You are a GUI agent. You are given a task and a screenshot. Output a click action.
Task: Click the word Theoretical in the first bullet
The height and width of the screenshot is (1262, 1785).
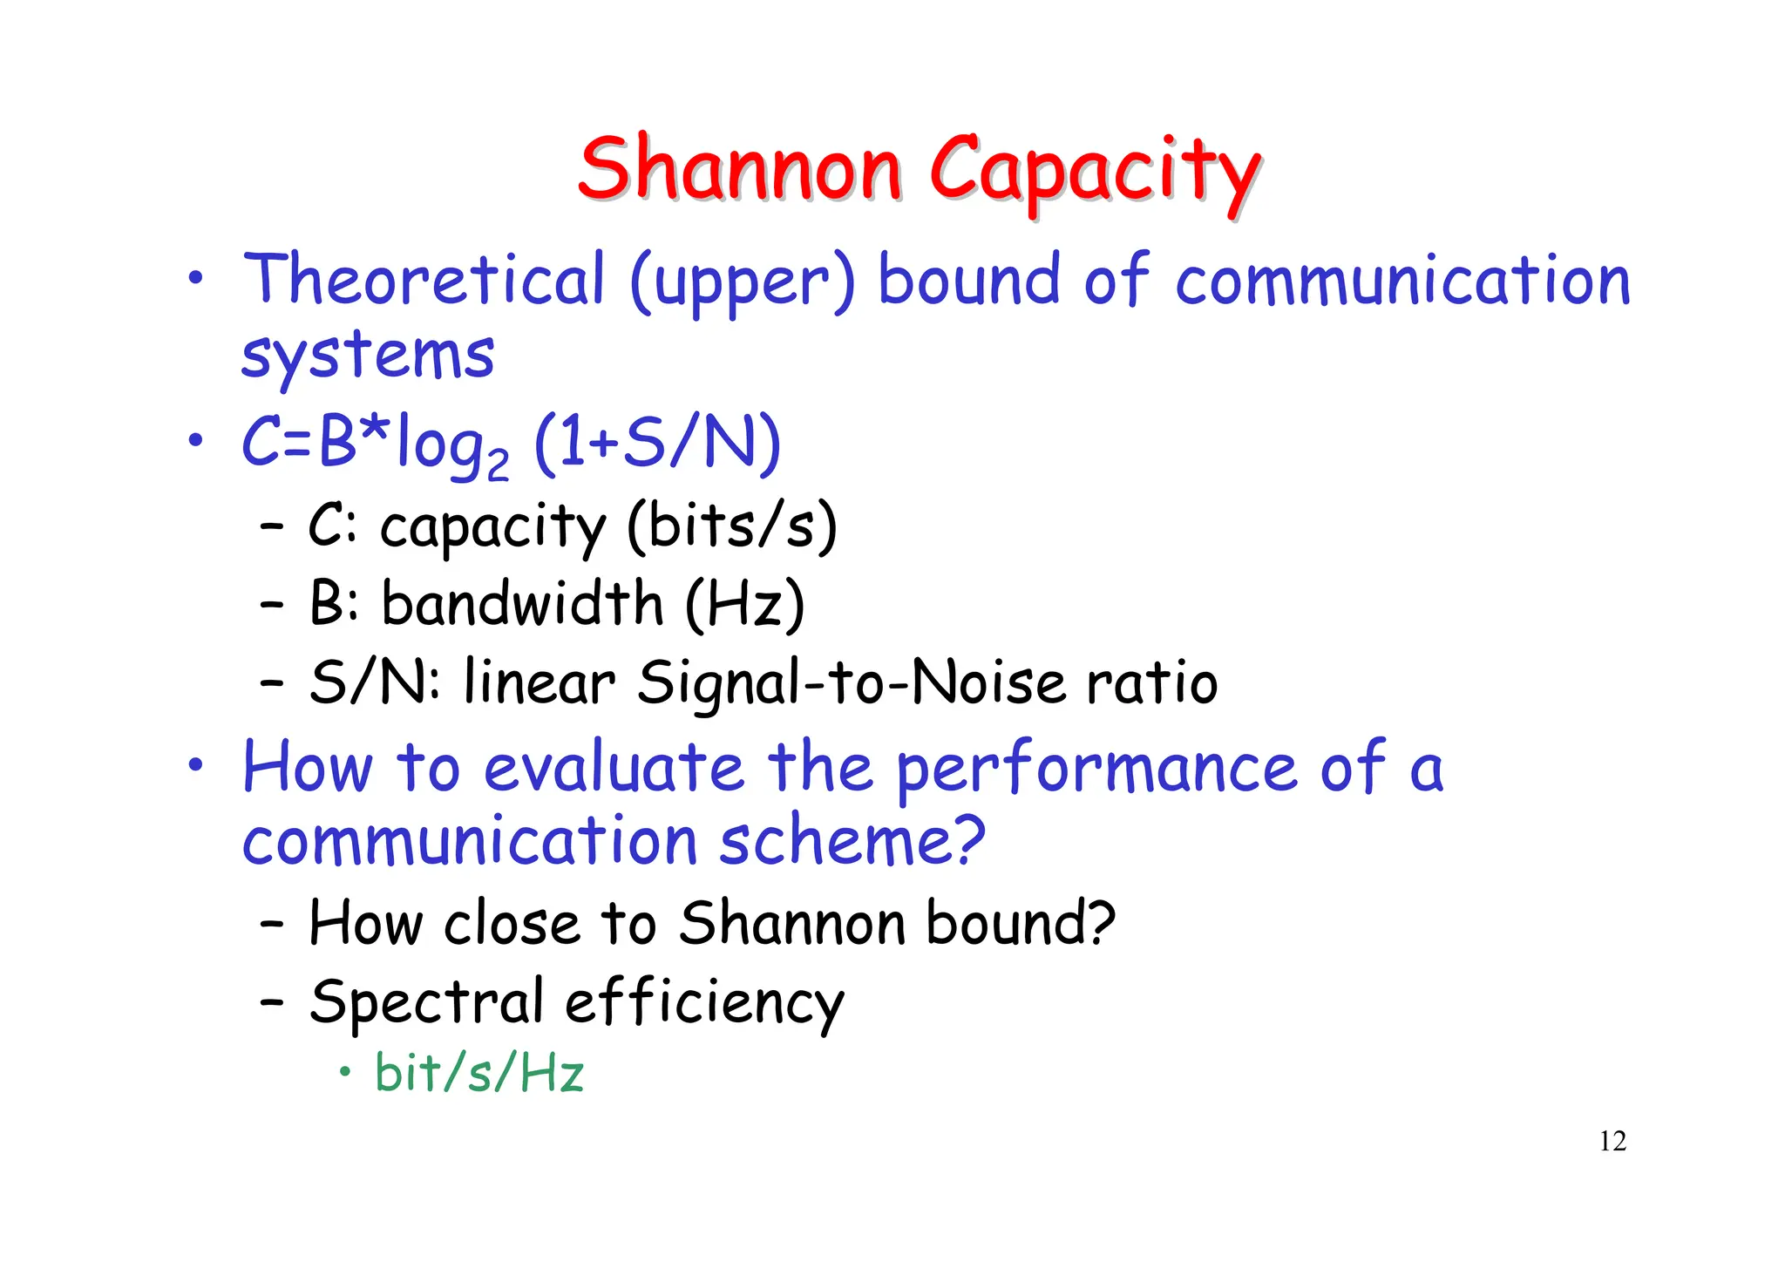pos(424,280)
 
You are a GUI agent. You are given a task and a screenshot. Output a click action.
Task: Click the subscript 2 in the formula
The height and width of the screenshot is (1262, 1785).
pos(498,465)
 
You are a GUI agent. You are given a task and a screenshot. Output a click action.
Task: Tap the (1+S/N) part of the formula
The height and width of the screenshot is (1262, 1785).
pos(657,444)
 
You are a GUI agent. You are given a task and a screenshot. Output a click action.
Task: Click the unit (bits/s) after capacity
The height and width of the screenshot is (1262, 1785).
pos(731,526)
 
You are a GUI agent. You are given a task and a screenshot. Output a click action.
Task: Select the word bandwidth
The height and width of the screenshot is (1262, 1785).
pos(522,603)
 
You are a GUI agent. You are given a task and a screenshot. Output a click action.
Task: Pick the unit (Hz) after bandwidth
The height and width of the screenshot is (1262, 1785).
pos(744,603)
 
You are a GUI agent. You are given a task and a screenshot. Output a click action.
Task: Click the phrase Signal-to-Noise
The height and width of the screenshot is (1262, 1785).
pos(852,682)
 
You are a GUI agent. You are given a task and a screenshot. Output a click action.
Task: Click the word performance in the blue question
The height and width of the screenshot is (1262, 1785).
pos(1097,769)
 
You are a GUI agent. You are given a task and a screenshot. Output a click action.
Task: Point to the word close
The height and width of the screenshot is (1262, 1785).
pos(512,923)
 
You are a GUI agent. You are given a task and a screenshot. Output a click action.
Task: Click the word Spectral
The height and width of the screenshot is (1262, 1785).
pos(426,1001)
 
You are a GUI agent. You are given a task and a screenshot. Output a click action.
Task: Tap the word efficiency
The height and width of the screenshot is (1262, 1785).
pos(704,1003)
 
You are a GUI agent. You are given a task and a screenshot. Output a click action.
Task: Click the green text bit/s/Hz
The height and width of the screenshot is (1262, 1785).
pos(479,1072)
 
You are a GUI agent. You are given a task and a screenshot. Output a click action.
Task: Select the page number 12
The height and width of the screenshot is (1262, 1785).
pos(1612,1141)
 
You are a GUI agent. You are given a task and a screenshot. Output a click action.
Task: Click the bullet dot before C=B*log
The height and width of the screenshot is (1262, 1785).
pos(196,440)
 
